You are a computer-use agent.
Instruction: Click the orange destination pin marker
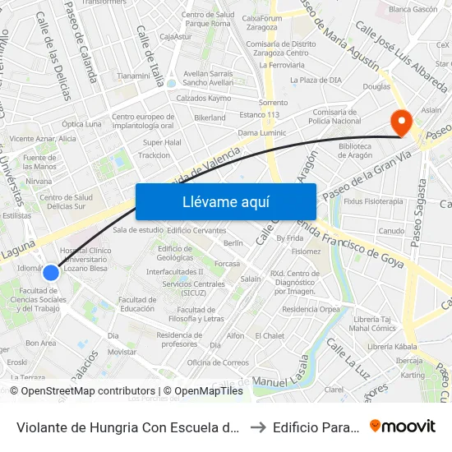(x=402, y=122)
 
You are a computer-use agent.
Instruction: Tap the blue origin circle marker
(x=51, y=272)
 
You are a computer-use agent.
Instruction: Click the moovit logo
(x=403, y=427)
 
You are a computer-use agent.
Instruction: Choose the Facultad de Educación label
(x=137, y=304)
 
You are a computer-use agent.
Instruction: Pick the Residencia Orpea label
(x=311, y=310)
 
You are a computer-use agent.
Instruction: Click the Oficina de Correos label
(x=217, y=362)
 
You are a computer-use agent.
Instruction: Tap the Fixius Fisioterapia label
(x=374, y=201)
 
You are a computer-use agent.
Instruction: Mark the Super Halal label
(x=162, y=141)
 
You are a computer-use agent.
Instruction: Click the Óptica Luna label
(x=82, y=124)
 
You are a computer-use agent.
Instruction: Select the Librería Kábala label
(x=393, y=347)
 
